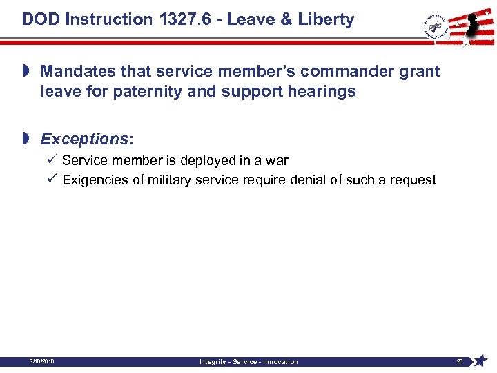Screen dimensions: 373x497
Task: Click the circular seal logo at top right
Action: click(x=434, y=26)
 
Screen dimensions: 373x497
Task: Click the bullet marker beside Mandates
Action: click(x=26, y=71)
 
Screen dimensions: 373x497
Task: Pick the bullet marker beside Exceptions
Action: click(x=26, y=139)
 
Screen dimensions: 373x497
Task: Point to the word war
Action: click(x=276, y=161)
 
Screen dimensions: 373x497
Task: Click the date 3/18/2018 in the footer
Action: click(x=43, y=361)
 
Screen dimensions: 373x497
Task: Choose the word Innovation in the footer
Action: click(x=281, y=362)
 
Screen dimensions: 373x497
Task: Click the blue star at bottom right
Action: click(x=482, y=361)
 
